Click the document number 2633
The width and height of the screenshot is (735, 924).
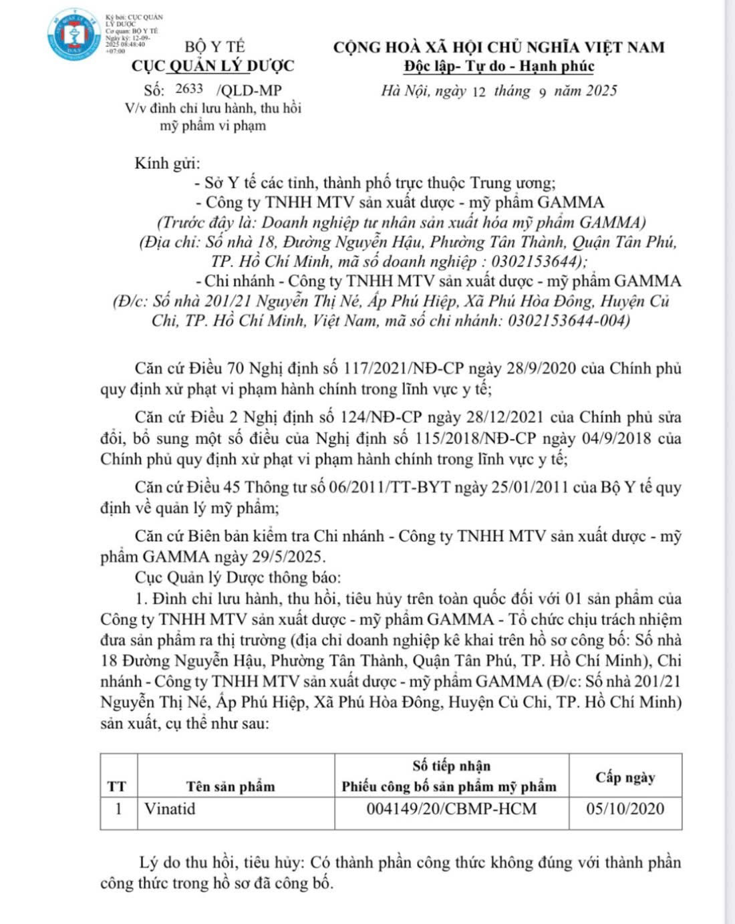pos(189,89)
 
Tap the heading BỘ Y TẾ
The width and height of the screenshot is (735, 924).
pos(215,47)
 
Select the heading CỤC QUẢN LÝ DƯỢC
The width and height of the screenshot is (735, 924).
pos(212,66)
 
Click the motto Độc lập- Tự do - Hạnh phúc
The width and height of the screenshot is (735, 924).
pos(498,66)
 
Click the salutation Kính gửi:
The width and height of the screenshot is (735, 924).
pos(167,164)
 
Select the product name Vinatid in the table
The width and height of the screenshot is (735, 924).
pos(170,809)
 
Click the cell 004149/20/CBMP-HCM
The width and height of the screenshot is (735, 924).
pos(452,809)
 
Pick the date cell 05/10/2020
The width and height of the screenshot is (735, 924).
pos(625,809)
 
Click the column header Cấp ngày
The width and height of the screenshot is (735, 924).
pos(625,778)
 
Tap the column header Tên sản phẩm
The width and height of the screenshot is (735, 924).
pos(231,786)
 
